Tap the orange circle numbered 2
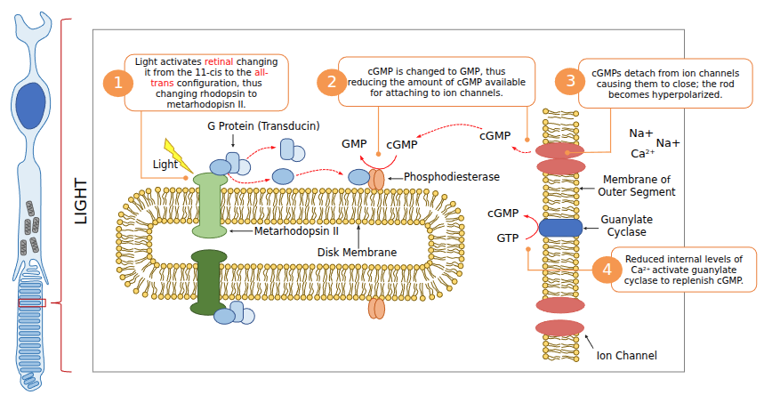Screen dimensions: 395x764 coord(332,83)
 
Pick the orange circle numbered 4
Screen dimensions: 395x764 coord(607,270)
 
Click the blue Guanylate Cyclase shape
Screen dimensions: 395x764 coord(560,227)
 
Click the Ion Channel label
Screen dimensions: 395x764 coord(626,356)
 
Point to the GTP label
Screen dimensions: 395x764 coord(507,238)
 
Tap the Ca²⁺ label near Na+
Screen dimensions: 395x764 coord(642,152)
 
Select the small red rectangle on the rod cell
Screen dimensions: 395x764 coord(31,303)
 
